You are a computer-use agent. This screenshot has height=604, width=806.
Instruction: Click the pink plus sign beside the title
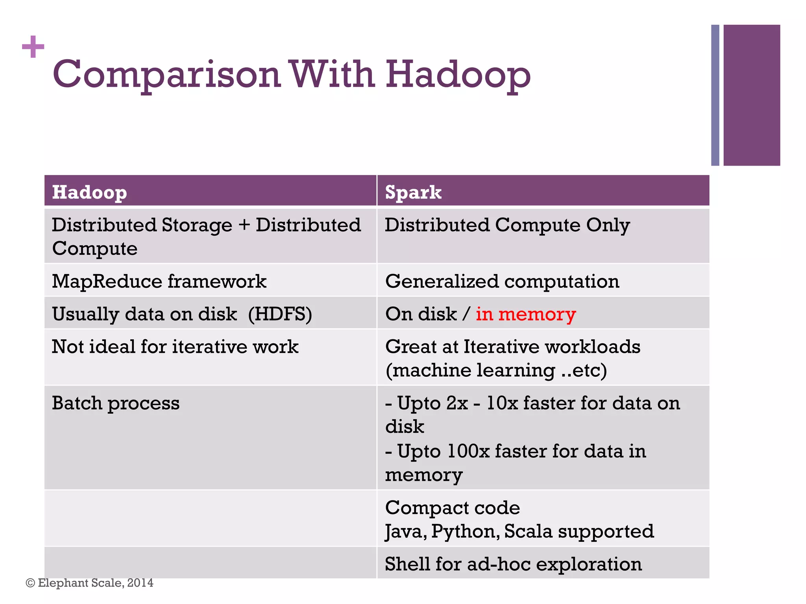[x=33, y=47]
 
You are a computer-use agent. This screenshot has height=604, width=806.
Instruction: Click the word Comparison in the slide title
[x=166, y=75]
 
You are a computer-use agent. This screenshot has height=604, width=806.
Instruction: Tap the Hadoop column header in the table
[x=89, y=192]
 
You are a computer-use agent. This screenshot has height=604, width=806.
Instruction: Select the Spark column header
[x=413, y=192]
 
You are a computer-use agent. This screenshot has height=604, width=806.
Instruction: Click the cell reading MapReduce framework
[x=159, y=282]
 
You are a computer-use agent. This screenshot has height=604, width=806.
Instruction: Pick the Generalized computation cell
[x=502, y=282]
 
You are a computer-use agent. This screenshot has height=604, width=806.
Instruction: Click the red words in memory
[x=525, y=314]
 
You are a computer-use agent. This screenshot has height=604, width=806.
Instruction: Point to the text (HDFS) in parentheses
[x=280, y=314]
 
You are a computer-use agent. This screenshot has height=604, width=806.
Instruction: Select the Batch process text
[x=116, y=403]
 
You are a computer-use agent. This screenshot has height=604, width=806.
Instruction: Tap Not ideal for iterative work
[x=175, y=347]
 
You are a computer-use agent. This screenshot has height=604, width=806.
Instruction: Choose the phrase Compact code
[x=452, y=508]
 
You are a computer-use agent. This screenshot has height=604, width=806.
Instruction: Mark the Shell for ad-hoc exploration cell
[x=513, y=564]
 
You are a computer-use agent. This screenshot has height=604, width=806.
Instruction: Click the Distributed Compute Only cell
[x=507, y=225]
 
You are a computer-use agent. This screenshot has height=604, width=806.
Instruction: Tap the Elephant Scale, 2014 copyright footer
[x=90, y=583]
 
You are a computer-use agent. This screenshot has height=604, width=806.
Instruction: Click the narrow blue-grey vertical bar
[x=715, y=95]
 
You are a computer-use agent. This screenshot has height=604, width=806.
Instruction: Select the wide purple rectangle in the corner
[x=751, y=95]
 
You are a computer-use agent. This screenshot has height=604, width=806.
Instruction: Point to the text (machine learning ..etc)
[x=496, y=370]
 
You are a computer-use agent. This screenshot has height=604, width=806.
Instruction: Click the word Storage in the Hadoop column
[x=197, y=225]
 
